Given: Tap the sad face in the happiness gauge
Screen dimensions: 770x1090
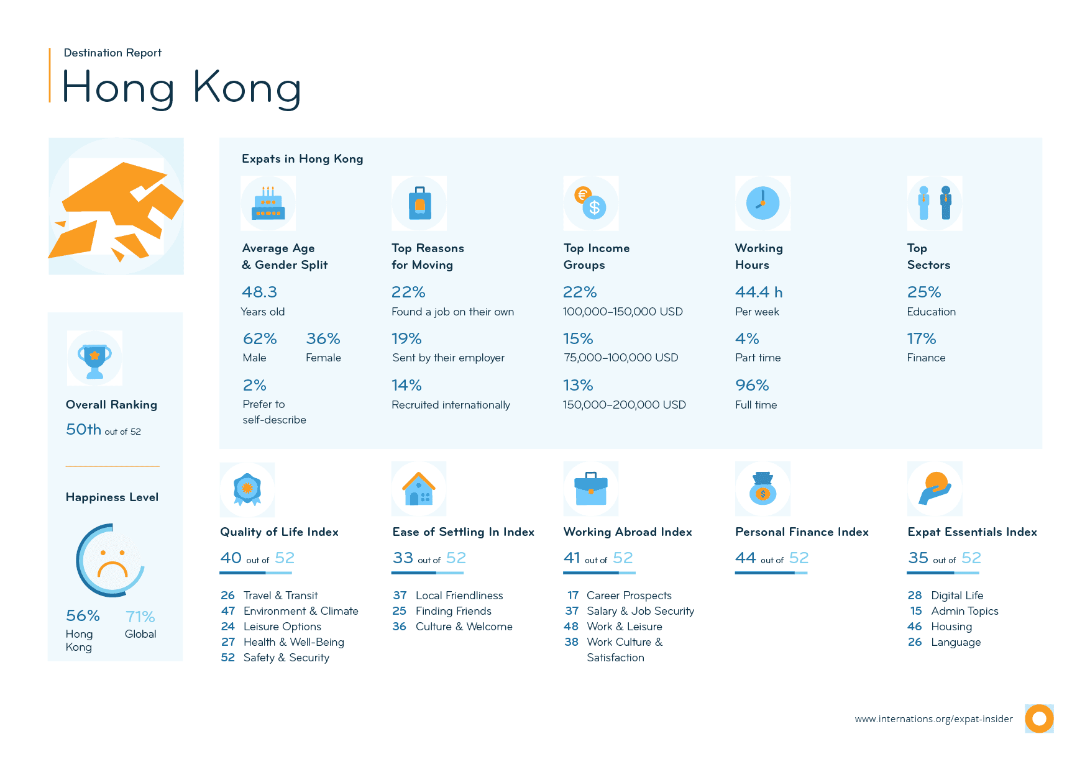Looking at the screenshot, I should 112,561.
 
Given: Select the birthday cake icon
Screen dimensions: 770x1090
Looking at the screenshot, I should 268,204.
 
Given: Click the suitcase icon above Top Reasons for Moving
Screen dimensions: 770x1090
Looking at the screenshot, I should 419,204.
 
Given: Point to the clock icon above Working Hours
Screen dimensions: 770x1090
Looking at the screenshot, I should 763,203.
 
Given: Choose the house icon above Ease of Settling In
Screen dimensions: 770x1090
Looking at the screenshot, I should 419,489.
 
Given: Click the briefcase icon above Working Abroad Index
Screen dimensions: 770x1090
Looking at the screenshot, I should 591,489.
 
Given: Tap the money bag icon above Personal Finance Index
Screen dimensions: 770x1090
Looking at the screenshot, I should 763,489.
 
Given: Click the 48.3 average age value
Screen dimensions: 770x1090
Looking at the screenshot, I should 259,292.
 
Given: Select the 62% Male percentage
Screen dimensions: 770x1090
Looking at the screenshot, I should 260,339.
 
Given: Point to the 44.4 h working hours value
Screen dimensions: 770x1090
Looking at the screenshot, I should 759,292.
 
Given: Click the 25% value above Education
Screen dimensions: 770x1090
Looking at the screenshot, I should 924,292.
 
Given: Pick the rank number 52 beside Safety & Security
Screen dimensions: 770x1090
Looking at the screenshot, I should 228,658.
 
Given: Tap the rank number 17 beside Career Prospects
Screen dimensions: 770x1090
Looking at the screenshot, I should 573,596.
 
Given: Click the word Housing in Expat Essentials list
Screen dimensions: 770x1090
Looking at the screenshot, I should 951,627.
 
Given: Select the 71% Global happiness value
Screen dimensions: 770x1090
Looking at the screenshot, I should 140,617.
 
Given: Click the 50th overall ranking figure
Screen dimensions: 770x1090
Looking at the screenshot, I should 83,430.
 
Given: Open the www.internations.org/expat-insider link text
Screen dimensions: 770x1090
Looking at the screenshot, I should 933,719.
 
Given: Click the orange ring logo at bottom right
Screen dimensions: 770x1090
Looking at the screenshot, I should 1039,718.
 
